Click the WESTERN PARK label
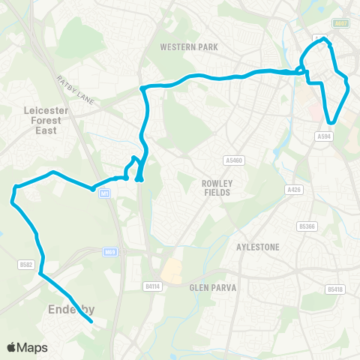point(189,46)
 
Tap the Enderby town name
point(68,309)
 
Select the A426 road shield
point(294,190)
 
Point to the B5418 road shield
point(334,289)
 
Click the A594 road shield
point(324,136)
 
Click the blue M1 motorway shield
point(104,193)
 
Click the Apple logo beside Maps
point(13,347)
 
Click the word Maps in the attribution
point(34,347)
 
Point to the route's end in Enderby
point(91,322)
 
